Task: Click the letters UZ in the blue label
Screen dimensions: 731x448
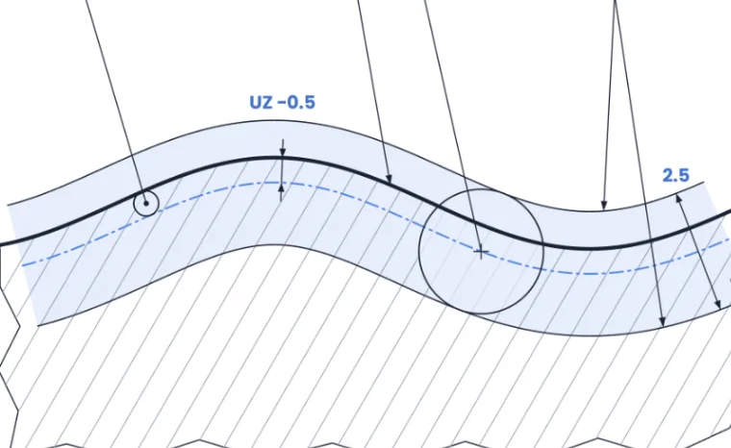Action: click(x=261, y=102)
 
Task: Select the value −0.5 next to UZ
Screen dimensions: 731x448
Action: click(x=296, y=102)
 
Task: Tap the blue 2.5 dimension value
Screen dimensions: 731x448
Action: click(x=675, y=176)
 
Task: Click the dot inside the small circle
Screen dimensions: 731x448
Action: click(x=146, y=203)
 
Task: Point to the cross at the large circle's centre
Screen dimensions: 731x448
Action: click(x=481, y=252)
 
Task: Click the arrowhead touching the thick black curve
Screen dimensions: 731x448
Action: click(x=390, y=178)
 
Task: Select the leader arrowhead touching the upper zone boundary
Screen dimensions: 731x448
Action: click(x=604, y=204)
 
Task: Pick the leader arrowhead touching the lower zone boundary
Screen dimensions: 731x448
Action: click(x=662, y=321)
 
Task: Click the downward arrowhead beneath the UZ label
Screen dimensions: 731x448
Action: click(x=282, y=152)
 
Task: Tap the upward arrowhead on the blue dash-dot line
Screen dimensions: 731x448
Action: click(x=281, y=187)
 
